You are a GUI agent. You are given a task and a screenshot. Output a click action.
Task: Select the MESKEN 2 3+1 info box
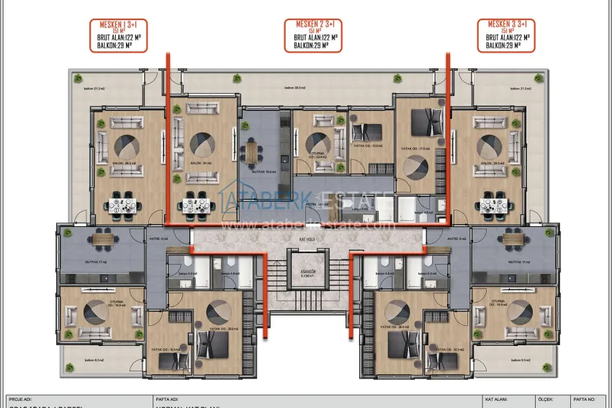tap(313, 35)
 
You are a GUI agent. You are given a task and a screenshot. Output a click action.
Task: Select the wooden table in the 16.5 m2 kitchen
tap(251, 152)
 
